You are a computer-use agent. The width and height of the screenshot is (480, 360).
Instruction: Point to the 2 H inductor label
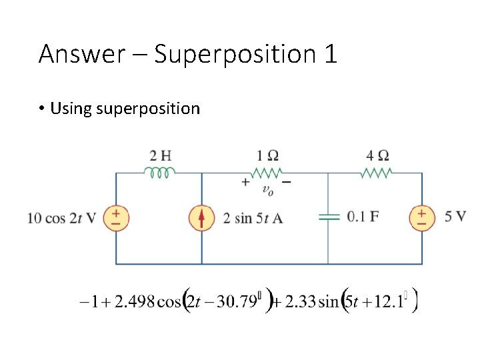point(161,156)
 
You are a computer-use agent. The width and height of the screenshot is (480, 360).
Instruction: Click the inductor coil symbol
point(160,173)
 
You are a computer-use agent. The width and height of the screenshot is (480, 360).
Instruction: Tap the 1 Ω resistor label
point(268,156)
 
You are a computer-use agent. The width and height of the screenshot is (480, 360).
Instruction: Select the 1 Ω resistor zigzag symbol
point(268,173)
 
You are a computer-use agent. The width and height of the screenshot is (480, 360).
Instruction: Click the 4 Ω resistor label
point(378,156)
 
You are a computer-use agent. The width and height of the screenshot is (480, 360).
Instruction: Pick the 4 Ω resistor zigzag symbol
point(377,173)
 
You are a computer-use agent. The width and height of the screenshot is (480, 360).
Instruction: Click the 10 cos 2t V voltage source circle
point(116,218)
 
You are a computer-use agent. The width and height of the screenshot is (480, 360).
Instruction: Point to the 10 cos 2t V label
point(62,218)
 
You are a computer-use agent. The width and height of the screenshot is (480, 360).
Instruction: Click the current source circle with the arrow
point(202,218)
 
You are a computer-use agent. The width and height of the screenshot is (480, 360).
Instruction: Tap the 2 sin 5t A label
point(253,218)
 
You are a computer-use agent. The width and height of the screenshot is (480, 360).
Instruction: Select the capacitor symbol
point(327,217)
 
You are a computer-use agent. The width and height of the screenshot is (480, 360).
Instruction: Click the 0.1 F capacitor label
point(363,217)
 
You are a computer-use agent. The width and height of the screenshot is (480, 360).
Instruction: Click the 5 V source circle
point(422,218)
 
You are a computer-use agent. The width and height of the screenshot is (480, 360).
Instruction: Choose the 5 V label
point(455,217)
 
